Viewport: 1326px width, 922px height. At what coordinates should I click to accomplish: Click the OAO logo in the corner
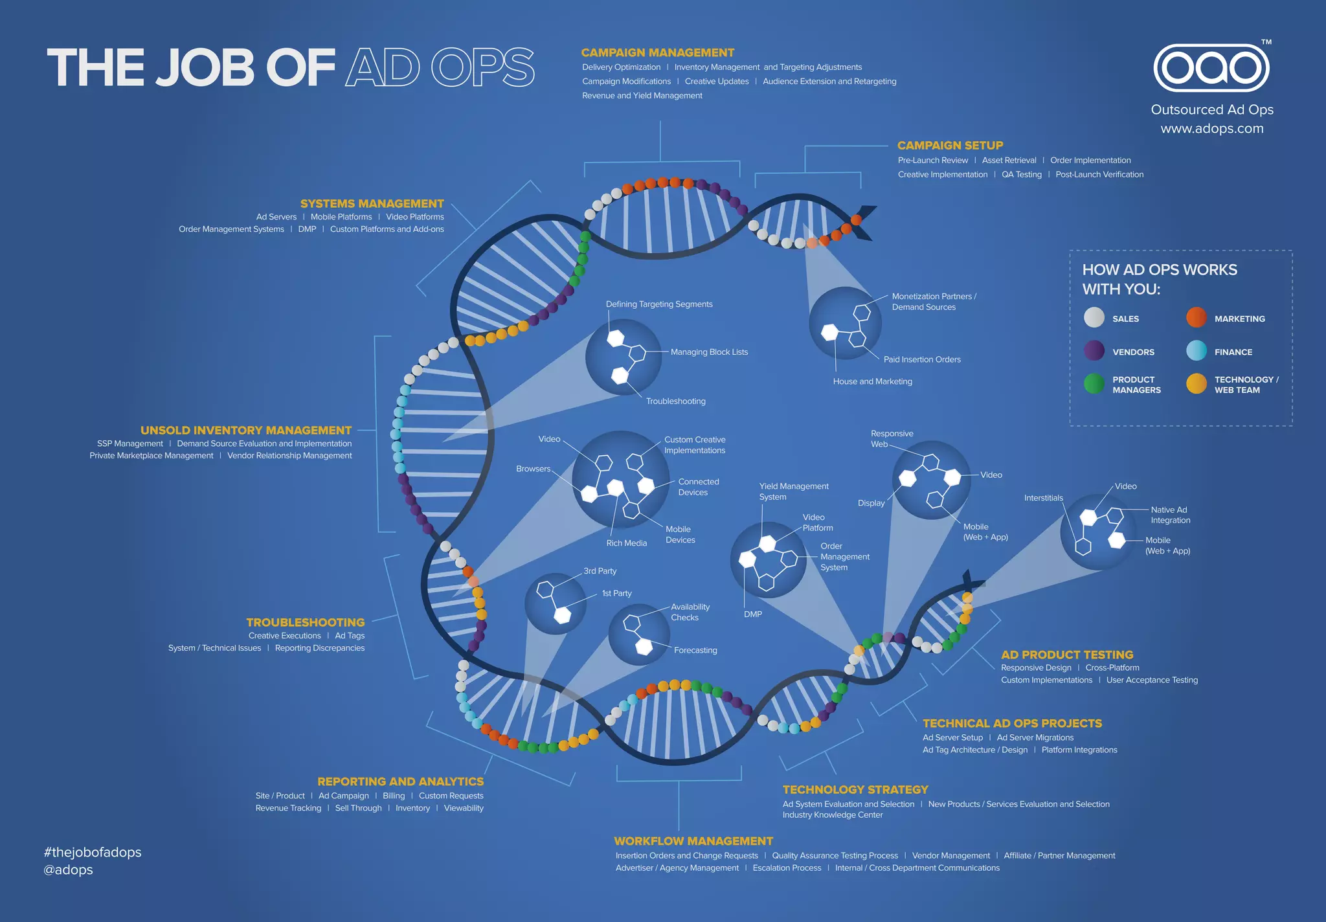[1211, 68]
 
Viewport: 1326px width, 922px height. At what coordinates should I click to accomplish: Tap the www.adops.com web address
[1211, 128]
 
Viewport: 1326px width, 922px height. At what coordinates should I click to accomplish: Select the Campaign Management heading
[657, 52]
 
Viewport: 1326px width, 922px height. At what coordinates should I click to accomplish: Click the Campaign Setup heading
[950, 146]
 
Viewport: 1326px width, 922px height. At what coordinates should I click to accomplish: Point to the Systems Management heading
[372, 203]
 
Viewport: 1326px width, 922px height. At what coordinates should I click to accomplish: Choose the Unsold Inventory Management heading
[246, 430]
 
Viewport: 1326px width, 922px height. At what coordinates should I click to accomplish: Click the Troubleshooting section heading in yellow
[305, 622]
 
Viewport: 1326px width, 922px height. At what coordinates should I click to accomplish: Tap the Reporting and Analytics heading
[400, 781]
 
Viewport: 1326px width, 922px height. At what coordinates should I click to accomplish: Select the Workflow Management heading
[693, 841]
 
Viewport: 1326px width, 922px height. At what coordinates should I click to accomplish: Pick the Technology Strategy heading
[855, 790]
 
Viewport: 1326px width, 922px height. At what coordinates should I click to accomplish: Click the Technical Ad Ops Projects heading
[1012, 723]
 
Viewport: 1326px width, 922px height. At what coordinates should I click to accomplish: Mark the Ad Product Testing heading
[1067, 655]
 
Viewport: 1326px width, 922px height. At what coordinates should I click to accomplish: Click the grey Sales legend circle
[1094, 317]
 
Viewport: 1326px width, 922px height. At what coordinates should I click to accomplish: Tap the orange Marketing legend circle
[1197, 317]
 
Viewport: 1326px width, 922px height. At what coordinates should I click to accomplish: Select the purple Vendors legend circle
[1094, 351]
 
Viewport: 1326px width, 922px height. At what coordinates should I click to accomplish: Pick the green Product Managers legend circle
[1094, 384]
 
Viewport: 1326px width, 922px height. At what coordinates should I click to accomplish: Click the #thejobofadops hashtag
[93, 852]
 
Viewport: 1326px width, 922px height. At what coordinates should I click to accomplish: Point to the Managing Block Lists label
[709, 352]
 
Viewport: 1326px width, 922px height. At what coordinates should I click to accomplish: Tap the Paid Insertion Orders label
[922, 359]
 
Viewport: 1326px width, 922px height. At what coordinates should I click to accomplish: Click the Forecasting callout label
[695, 650]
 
